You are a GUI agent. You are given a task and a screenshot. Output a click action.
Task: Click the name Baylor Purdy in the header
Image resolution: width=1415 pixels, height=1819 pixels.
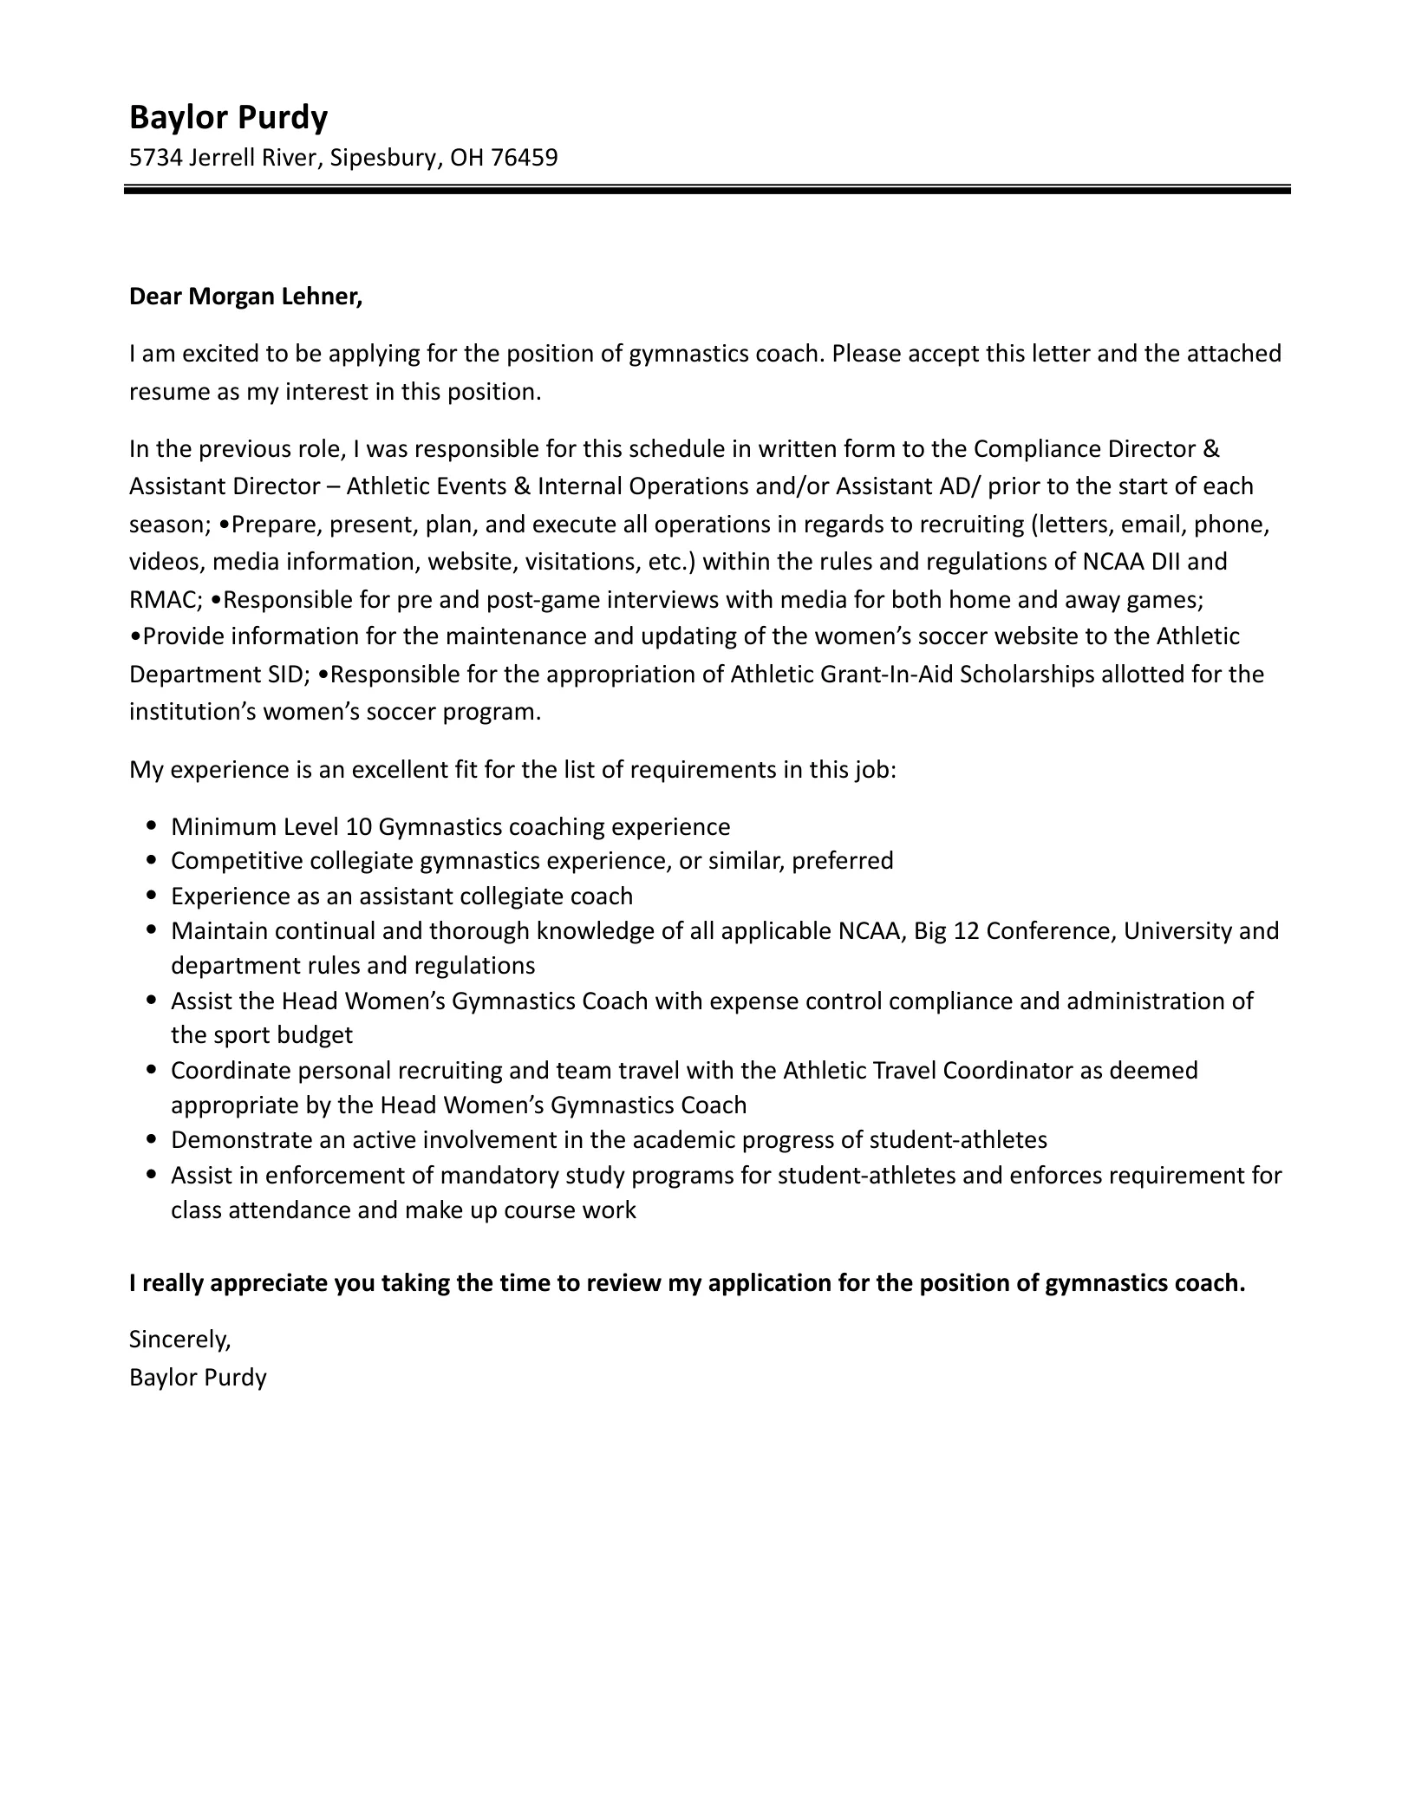click(x=228, y=117)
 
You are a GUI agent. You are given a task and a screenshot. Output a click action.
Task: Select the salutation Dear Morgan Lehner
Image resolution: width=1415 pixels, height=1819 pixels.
click(x=245, y=297)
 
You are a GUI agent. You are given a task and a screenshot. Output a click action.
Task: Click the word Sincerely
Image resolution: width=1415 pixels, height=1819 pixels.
click(x=179, y=1340)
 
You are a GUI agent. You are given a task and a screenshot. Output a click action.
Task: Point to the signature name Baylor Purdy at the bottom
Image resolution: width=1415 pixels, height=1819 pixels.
click(x=198, y=1377)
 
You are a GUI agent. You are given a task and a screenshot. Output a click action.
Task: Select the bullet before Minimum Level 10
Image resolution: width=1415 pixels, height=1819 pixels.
click(x=153, y=826)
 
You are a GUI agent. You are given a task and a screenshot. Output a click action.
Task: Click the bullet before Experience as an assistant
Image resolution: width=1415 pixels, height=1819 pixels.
click(x=153, y=896)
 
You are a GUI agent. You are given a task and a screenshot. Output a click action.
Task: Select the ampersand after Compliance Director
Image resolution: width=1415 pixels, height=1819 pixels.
click(x=1211, y=449)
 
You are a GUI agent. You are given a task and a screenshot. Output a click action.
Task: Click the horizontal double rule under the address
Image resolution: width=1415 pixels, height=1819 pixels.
click(x=707, y=189)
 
